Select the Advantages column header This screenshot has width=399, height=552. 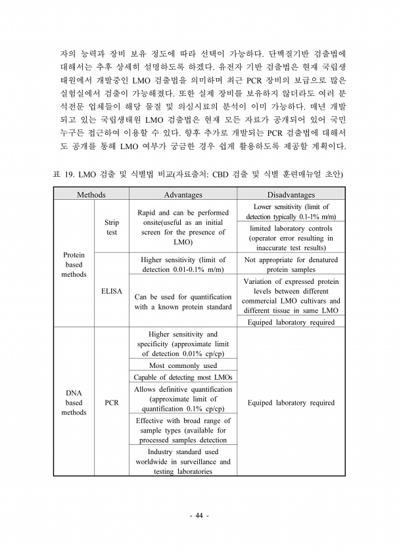click(x=183, y=195)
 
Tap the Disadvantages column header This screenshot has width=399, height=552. click(x=291, y=195)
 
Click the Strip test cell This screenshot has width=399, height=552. click(x=112, y=227)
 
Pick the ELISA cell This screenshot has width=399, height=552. click(x=112, y=290)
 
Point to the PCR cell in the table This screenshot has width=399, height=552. click(x=112, y=403)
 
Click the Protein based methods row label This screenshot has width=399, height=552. click(x=74, y=264)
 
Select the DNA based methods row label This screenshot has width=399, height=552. click(x=74, y=402)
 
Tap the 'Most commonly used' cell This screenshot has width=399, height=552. click(x=183, y=365)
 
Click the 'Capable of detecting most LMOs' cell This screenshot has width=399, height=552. click(x=183, y=377)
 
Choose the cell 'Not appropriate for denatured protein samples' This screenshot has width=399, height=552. click(x=291, y=264)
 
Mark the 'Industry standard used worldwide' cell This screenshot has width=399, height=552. click(x=183, y=461)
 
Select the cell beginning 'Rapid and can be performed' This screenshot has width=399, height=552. click(x=183, y=227)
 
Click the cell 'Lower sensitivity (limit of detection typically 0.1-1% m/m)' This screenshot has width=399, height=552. click(x=291, y=212)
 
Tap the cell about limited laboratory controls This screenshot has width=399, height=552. click(x=291, y=238)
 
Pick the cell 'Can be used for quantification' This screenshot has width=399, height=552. click(x=183, y=302)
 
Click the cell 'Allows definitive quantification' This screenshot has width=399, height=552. click(x=183, y=399)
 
